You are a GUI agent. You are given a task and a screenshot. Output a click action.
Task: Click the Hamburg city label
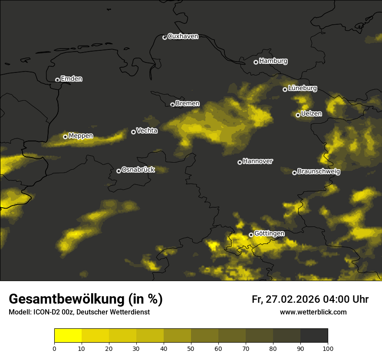click(x=273, y=61)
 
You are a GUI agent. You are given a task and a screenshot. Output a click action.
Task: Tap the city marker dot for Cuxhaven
click(x=165, y=37)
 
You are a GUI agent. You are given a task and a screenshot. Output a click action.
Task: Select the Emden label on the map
click(x=71, y=79)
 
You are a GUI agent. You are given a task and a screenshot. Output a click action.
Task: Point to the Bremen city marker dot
click(x=172, y=105)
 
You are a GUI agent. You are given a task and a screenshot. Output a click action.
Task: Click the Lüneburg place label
click(x=302, y=88)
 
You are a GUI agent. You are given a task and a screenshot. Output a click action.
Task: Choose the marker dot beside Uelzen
click(x=298, y=115)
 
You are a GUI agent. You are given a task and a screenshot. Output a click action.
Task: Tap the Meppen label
click(x=81, y=136)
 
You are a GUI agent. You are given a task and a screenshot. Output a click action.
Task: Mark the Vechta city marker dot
click(x=133, y=132)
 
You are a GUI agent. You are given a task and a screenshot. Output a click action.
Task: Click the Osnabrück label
click(x=138, y=170)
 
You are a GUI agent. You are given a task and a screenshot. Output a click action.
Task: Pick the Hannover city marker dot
click(x=240, y=162)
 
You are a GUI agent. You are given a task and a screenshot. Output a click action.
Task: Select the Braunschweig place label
click(x=319, y=172)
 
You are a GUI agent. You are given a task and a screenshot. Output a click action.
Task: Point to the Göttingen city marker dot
click(x=251, y=235)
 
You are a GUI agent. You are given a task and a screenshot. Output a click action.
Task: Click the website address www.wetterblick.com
click(x=313, y=312)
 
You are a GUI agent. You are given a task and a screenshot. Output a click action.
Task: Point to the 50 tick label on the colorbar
click(x=191, y=348)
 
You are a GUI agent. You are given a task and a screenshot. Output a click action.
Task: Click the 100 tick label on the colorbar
click(x=328, y=348)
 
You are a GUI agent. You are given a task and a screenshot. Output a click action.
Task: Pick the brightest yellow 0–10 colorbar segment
click(x=68, y=336)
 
